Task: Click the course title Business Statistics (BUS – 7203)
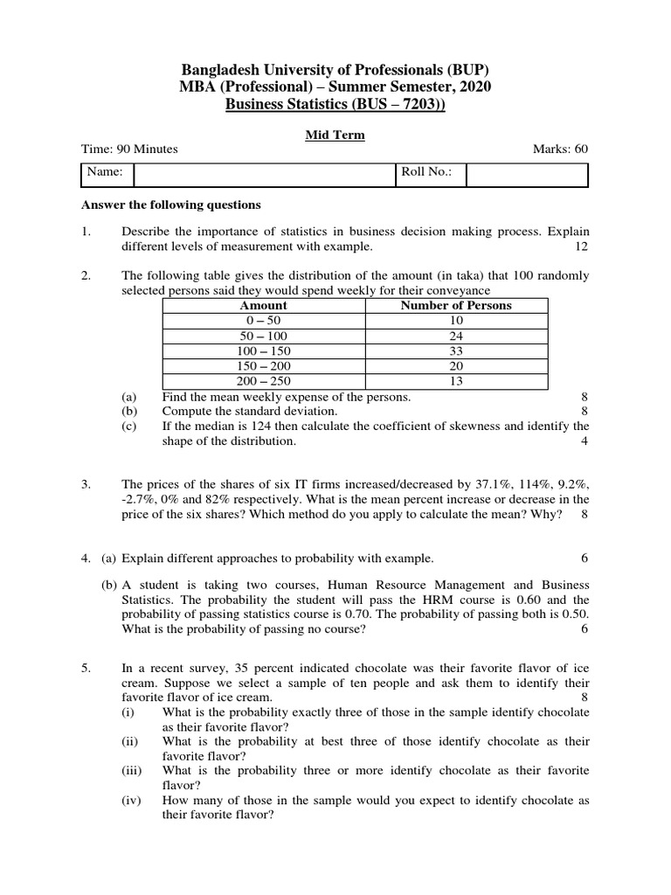335,105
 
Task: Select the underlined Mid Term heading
335,135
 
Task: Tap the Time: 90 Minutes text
129,149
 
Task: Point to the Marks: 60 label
561,149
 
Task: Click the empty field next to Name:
265,174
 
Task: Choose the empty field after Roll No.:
527,174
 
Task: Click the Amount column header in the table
263,306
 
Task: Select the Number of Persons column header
456,306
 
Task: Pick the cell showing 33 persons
456,351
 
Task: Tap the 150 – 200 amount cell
263,366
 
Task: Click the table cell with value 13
456,382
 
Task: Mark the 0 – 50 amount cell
263,321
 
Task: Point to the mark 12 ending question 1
582,247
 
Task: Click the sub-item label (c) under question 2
129,427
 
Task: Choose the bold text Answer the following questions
170,205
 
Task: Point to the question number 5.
86,669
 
